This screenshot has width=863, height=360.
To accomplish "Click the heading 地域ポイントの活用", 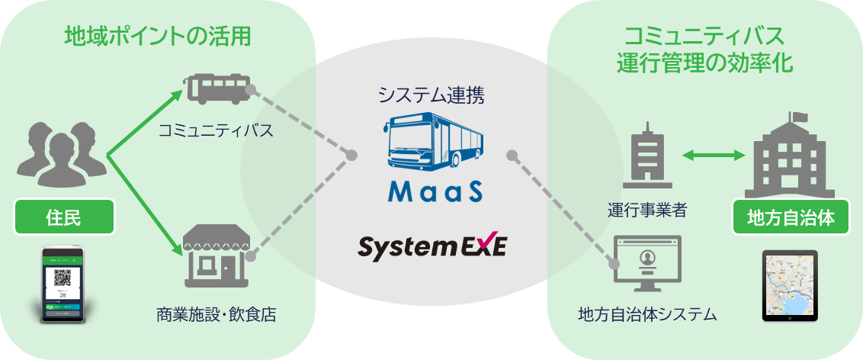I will tap(158, 35).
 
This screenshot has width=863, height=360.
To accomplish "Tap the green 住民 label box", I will tap(65, 218).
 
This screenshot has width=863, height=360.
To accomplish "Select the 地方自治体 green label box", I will tap(789, 218).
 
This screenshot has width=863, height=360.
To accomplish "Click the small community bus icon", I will tap(217, 89).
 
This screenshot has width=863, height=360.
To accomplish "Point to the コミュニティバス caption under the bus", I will tap(216, 130).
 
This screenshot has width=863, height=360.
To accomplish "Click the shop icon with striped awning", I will tap(217, 251).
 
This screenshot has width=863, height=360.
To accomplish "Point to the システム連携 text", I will tap(431, 95).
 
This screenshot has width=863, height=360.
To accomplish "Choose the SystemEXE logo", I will tap(432, 248).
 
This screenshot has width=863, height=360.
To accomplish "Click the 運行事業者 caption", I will tap(649, 211).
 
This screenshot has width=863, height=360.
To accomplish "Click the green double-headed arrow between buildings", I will tap(713, 156).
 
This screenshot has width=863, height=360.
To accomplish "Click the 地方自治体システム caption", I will tap(649, 313).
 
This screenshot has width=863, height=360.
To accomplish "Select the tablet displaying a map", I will tap(790, 286).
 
